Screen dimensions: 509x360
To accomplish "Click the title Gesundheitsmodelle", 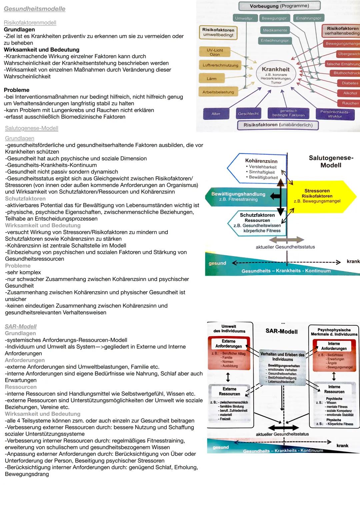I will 34,9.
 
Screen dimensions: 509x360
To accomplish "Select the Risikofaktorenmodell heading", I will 30,23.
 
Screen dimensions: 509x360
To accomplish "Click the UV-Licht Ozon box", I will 215,52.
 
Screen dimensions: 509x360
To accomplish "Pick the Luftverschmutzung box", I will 220,65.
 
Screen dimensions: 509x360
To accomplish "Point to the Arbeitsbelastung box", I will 218,92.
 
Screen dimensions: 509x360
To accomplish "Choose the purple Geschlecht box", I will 248,114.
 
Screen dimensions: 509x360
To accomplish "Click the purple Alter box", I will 216,114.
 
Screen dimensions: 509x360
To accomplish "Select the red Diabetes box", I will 350,83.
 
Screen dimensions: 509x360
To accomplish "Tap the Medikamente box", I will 275,30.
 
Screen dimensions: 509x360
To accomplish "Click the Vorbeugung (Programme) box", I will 279,6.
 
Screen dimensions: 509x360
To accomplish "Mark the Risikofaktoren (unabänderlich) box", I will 278,125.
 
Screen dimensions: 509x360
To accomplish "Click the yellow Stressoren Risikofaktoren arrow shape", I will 318,196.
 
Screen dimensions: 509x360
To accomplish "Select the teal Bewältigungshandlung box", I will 238,196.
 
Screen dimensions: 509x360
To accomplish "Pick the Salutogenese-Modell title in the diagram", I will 331,161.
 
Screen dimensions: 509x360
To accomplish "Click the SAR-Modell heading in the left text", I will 21,326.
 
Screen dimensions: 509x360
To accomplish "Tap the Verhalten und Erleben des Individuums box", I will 282,357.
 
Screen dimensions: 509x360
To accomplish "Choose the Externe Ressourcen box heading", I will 229,391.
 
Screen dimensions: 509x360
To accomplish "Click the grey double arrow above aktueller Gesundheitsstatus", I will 286,240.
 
